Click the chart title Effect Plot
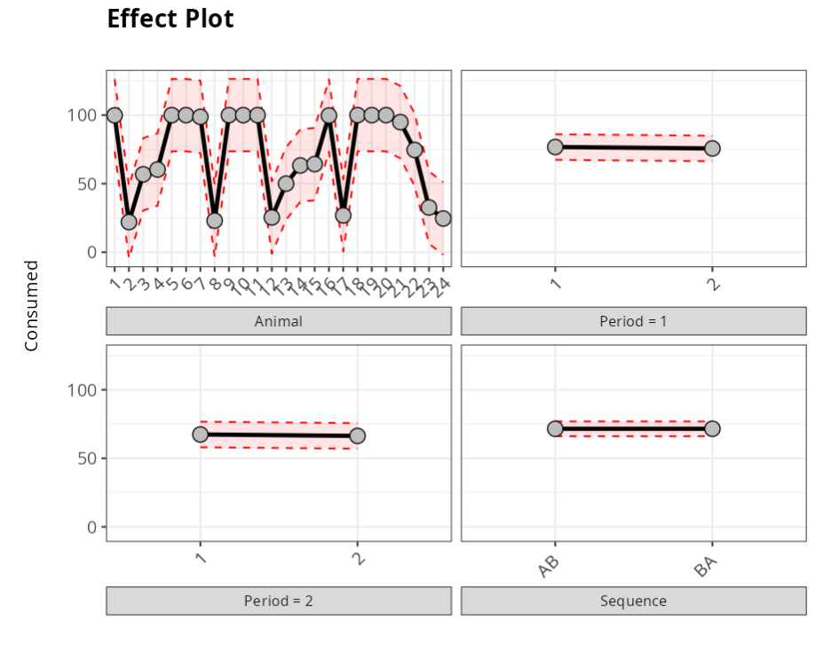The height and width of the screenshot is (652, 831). [x=170, y=19]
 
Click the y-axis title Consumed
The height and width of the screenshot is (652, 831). [x=32, y=305]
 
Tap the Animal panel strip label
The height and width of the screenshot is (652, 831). [x=279, y=321]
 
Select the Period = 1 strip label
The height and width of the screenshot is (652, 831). [x=633, y=321]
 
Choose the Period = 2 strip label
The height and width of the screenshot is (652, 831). [x=279, y=601]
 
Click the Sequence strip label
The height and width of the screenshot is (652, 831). [x=633, y=601]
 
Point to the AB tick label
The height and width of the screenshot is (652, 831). [x=549, y=565]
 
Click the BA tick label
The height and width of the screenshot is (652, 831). [x=706, y=565]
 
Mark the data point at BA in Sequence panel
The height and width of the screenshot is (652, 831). [x=712, y=428]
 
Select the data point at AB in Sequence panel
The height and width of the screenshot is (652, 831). [x=555, y=428]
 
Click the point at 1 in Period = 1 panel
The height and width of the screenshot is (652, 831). [x=555, y=146]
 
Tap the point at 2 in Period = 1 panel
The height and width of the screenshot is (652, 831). [x=712, y=148]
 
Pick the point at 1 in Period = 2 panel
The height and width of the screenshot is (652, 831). [x=201, y=434]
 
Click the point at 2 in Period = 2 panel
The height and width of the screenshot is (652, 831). [x=357, y=436]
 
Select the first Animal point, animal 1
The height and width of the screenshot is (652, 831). [x=114, y=115]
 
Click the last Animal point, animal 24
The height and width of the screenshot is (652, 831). [x=443, y=218]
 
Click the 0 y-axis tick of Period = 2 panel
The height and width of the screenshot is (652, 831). [x=90, y=527]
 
